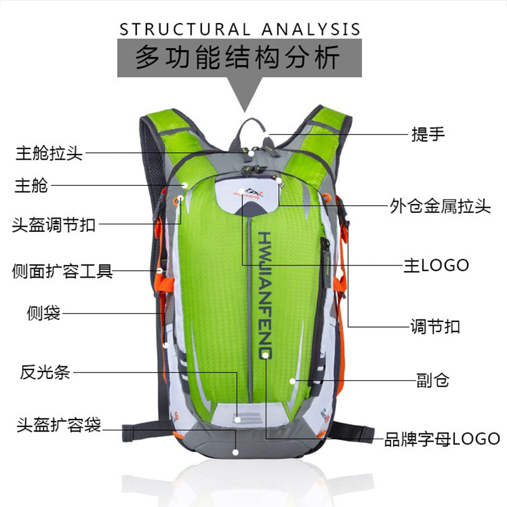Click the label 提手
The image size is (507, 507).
[x=428, y=134]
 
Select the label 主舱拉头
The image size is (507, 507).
[x=49, y=153]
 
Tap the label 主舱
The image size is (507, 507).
[x=31, y=185]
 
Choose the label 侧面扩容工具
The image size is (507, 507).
[x=62, y=272]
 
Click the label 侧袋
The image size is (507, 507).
[x=44, y=312]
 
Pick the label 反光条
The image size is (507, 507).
[x=45, y=372]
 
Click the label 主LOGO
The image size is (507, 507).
[x=437, y=265]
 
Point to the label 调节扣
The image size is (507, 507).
[x=435, y=327]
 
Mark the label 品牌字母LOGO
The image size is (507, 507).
[x=442, y=438]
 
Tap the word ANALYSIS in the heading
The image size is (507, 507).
[x=311, y=29]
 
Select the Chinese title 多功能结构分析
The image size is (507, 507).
[x=238, y=58]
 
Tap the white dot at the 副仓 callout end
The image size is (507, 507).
[x=292, y=381]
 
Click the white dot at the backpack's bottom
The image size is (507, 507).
[x=236, y=452]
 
